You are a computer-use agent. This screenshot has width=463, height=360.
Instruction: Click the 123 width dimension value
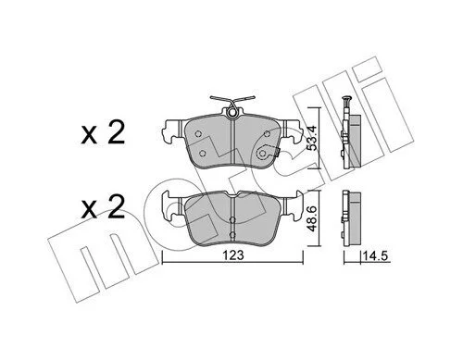click(x=233, y=255)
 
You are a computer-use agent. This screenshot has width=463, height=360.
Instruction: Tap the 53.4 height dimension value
click(x=313, y=139)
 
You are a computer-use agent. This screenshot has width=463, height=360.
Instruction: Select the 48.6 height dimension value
click(x=313, y=219)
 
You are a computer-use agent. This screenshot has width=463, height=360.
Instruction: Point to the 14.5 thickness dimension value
click(x=375, y=256)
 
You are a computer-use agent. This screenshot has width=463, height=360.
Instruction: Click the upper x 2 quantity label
click(x=103, y=132)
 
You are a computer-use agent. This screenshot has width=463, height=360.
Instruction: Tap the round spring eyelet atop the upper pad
click(x=231, y=113)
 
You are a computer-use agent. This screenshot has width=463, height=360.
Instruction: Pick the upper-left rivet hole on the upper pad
click(x=198, y=134)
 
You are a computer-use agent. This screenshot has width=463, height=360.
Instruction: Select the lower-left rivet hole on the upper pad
click(x=203, y=153)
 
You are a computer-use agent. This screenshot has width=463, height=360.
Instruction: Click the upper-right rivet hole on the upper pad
click(x=268, y=133)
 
